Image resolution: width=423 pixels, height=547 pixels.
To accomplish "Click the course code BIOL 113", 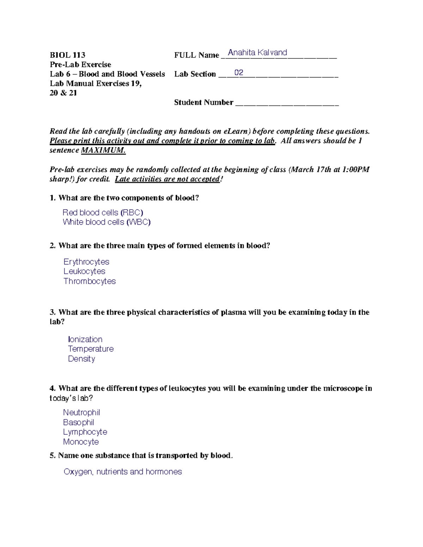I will tap(67, 55).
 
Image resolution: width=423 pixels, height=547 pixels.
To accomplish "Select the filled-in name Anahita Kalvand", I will tap(257, 52).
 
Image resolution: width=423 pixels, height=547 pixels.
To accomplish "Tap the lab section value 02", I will tap(239, 73).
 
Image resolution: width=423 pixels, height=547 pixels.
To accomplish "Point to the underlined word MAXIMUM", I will tap(103, 150).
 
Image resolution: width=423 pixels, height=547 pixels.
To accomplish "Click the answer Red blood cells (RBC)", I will tap(103, 212).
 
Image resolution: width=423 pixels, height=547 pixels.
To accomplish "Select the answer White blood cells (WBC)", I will tap(106, 222).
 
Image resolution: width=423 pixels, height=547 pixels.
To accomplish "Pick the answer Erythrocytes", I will tap(86, 262).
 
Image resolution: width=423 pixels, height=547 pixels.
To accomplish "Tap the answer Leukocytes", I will tap(84, 271).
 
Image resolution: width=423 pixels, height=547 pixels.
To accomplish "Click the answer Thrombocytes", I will tap(90, 281).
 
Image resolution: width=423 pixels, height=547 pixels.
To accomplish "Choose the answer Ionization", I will tap(85, 339).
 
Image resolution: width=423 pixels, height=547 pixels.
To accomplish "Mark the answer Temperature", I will tap(91, 349).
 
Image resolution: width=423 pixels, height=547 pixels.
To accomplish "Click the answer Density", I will tap(81, 359).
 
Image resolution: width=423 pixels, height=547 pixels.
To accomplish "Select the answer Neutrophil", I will tap(81, 412).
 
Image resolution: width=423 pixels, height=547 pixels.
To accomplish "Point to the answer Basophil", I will tap(79, 422).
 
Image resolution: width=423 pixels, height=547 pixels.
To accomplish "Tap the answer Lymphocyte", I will tap(85, 432).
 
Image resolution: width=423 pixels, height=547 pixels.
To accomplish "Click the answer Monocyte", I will tap(81, 442).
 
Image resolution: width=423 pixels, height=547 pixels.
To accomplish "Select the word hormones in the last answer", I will tap(164, 472).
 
